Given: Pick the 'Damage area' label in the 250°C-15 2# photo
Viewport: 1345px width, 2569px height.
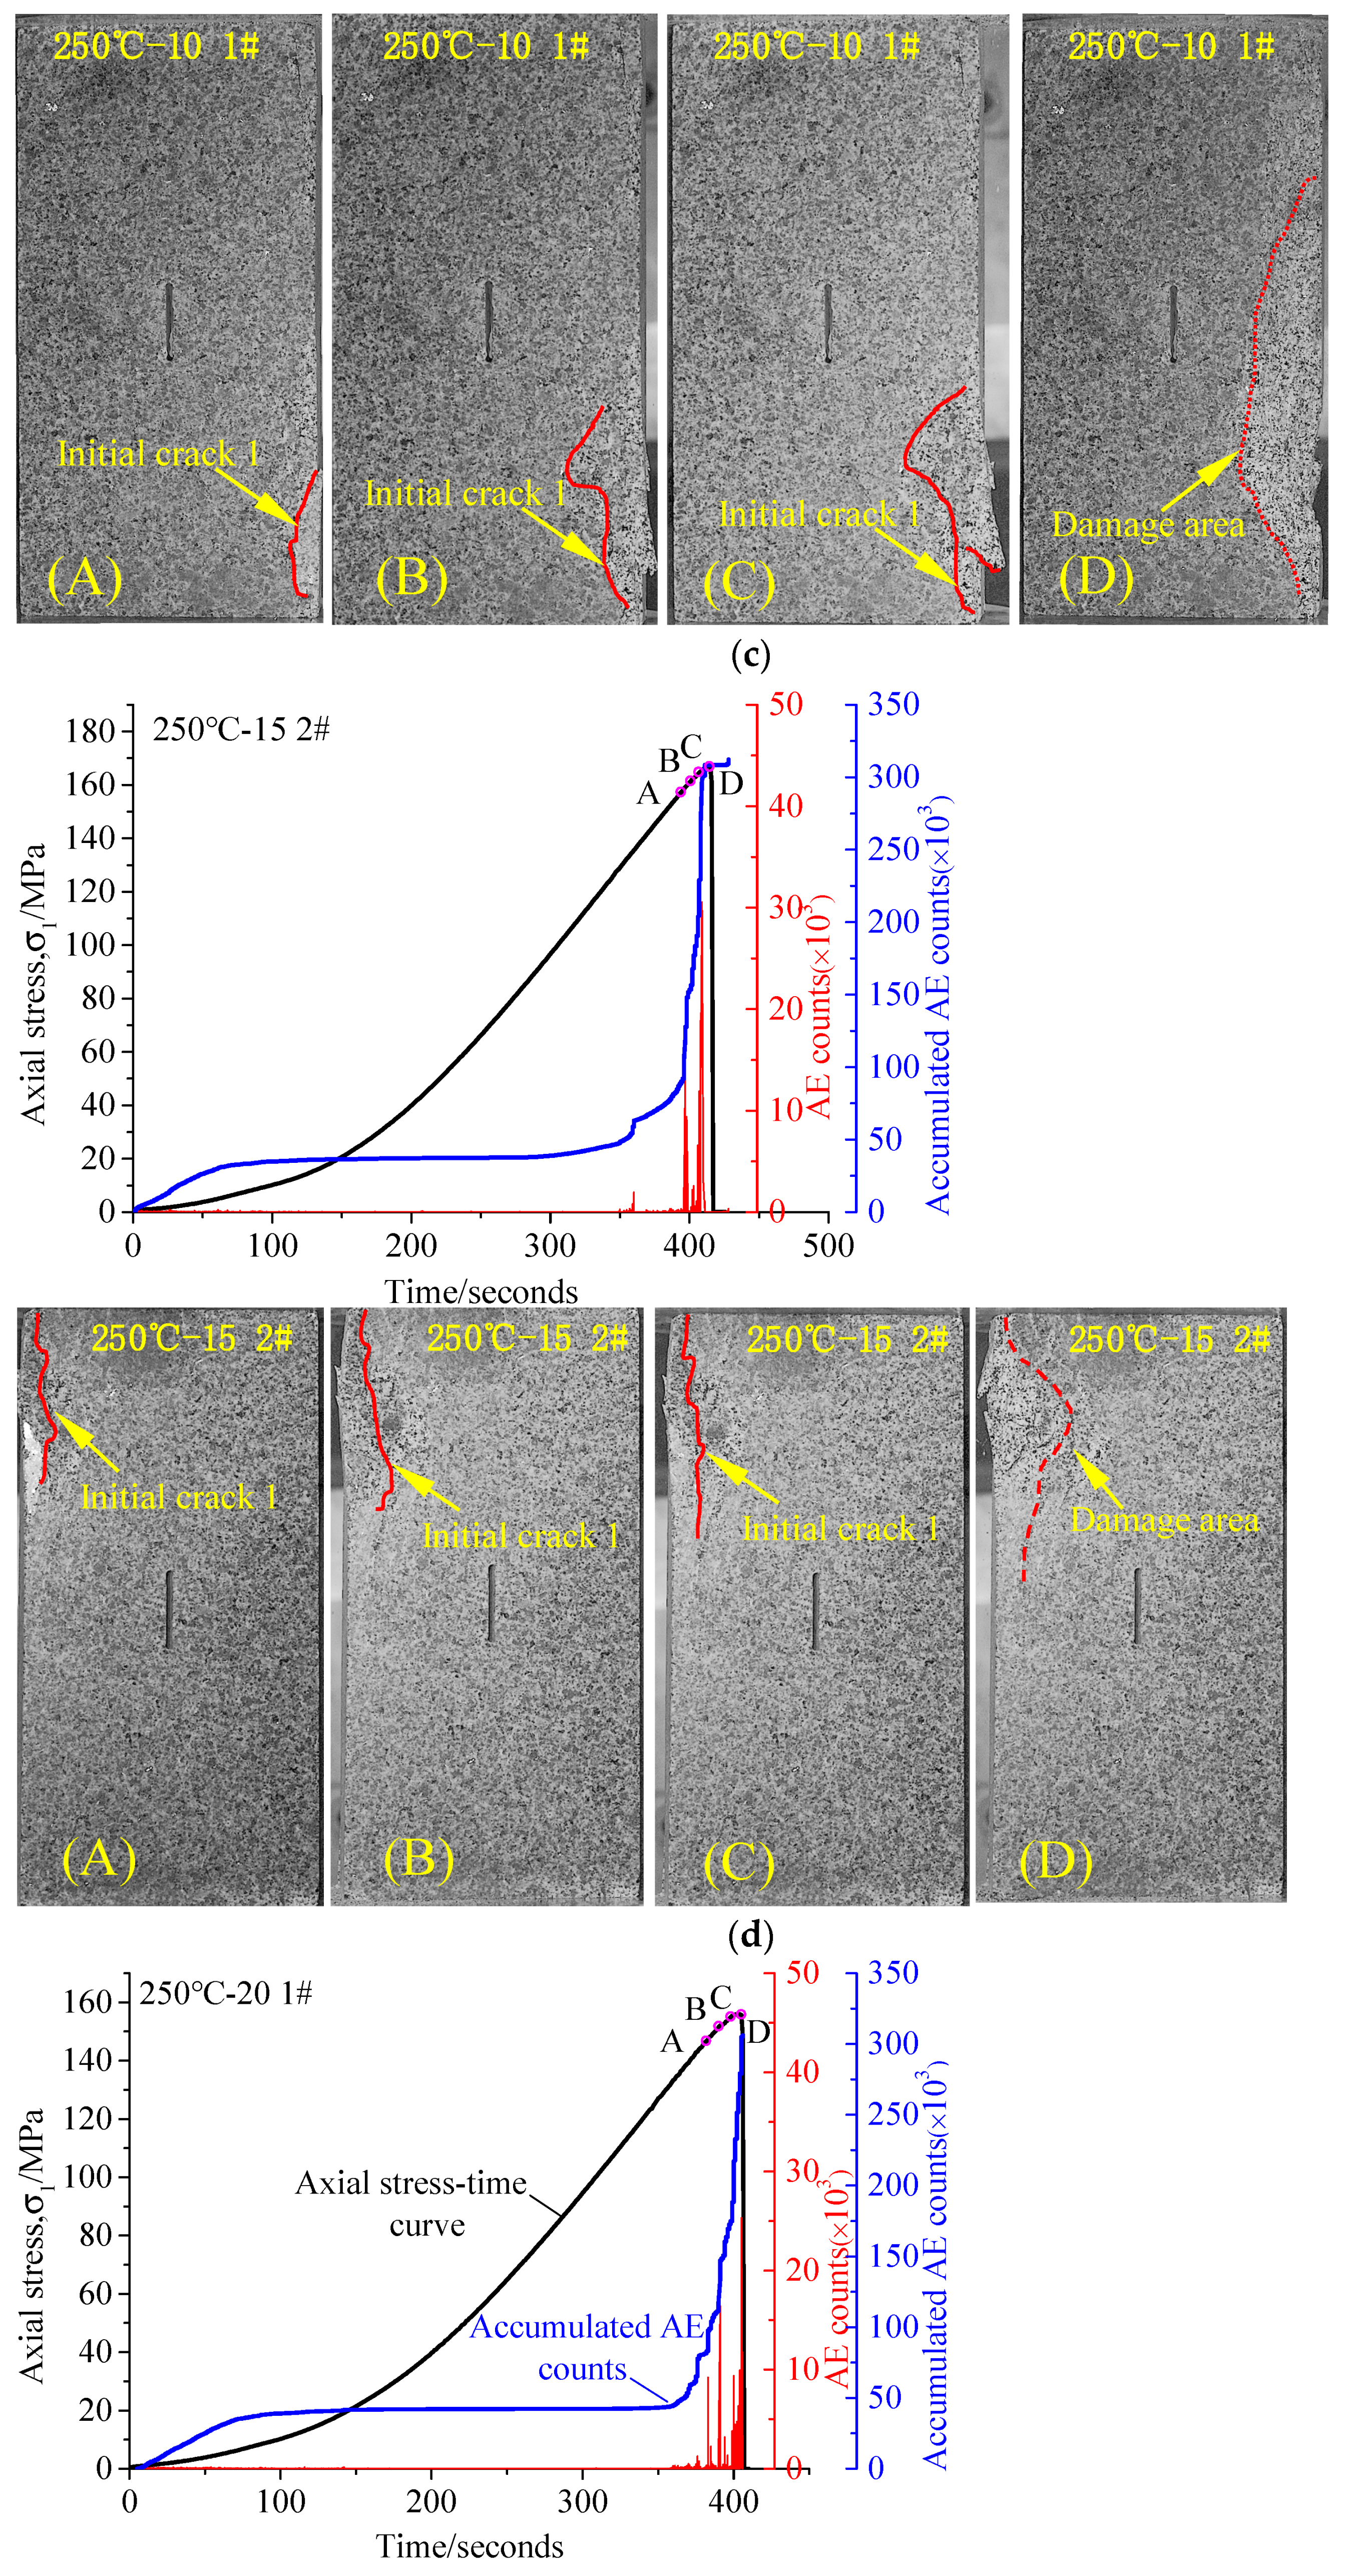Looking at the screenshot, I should pos(1163,1520).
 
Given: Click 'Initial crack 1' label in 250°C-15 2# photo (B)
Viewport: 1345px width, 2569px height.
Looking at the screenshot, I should pos(521,1536).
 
